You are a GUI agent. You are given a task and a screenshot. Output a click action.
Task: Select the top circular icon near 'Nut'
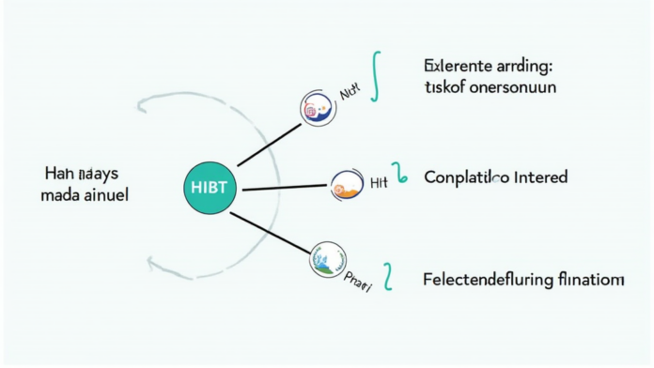point(314,110)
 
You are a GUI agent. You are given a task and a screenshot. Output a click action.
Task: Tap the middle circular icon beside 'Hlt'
point(347,185)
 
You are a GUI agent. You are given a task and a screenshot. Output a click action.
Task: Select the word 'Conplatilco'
point(466,176)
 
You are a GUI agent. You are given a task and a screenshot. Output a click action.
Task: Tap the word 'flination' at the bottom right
point(591,279)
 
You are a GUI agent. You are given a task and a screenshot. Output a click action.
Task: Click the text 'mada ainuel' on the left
point(86,195)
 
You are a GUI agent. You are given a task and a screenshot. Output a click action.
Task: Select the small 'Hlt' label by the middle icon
point(379,182)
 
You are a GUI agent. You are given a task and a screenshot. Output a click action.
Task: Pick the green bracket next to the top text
point(375,75)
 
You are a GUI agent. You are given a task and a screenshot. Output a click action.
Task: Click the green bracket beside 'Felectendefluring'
point(388,277)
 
